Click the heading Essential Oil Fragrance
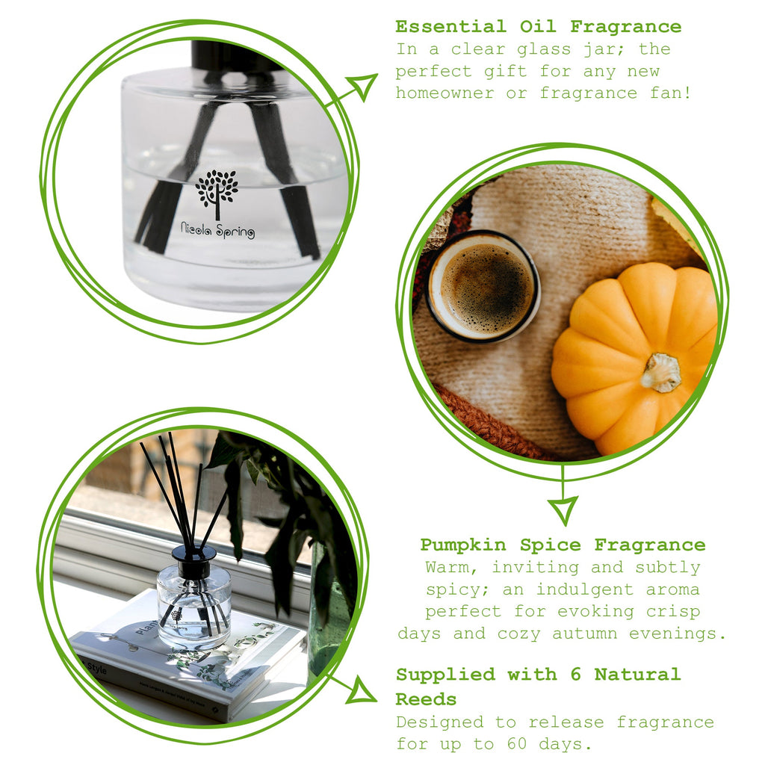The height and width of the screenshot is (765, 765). (x=538, y=27)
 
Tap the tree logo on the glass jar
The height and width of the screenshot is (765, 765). (x=217, y=191)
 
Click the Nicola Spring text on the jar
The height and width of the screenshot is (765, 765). (x=217, y=232)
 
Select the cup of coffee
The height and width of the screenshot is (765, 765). (x=484, y=285)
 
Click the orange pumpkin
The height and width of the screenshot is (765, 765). (x=635, y=357)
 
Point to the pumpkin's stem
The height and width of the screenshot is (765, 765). (x=662, y=371)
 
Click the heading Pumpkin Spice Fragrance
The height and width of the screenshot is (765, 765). (x=562, y=545)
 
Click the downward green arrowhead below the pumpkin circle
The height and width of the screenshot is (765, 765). (x=563, y=510)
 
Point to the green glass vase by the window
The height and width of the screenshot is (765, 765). (x=329, y=613)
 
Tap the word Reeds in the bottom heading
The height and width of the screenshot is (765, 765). (x=426, y=699)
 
